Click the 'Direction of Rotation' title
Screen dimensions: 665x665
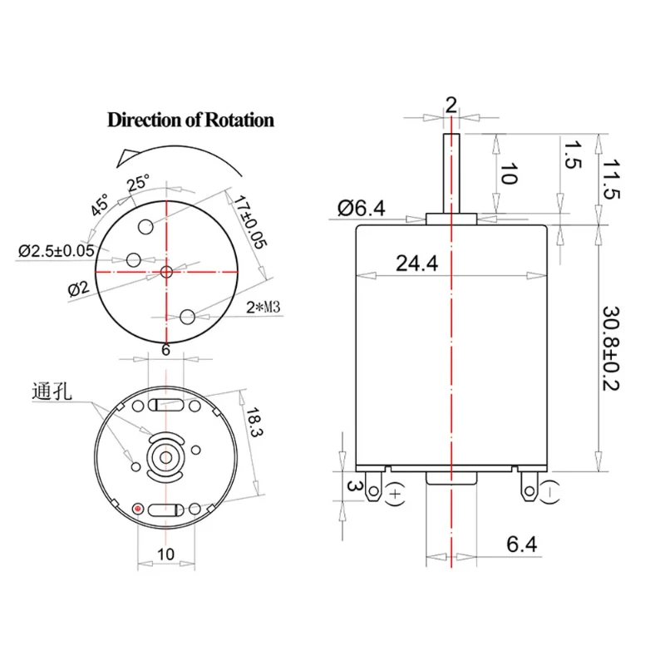190,120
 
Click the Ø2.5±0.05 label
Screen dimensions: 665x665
57,249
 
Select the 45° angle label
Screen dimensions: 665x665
101,204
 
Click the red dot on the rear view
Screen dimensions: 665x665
138,507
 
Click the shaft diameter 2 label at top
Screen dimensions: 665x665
451,104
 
